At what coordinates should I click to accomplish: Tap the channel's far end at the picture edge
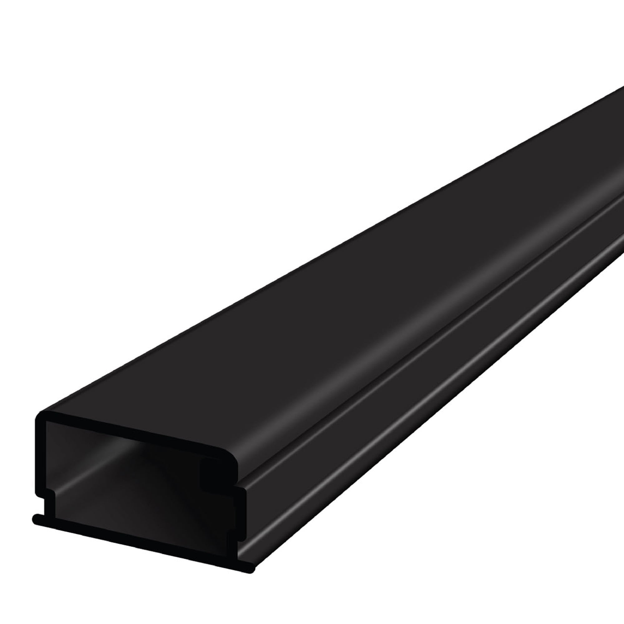(618, 145)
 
